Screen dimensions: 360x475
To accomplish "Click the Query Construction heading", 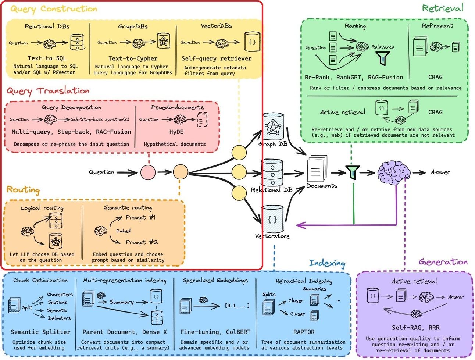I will click(54, 9).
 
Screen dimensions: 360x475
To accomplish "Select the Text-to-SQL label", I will click(47, 58).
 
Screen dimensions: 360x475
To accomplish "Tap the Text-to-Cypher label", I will click(133, 58).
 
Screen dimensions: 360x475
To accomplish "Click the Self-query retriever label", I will click(217, 58).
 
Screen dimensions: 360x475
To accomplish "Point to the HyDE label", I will click(176, 132).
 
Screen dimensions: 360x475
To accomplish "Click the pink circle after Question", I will click(148, 172).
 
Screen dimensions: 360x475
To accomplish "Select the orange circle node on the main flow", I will click(181, 172).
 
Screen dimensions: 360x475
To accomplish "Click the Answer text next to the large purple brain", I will click(440, 172).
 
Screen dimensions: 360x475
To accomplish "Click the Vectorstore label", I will click(272, 236).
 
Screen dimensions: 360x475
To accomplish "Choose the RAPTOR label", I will click(304, 332).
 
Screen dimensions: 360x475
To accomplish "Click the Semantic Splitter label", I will click(40, 332).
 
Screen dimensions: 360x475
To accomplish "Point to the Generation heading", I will click(443, 262).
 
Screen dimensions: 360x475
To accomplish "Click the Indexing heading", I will click(327, 263).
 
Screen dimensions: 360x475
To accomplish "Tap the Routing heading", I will click(23, 190).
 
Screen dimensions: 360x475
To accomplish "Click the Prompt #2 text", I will click(142, 242).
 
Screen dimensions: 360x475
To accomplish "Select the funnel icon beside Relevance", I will click(383, 58).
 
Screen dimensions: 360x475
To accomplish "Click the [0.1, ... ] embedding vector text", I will click(237, 306).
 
